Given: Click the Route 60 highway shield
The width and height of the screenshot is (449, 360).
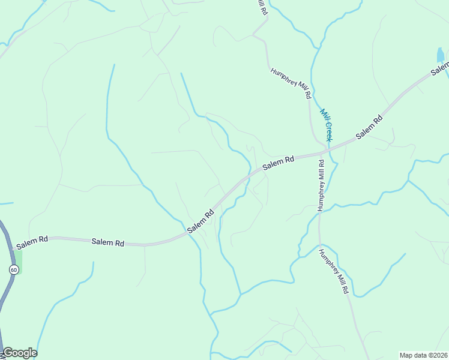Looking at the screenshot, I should point(13,270).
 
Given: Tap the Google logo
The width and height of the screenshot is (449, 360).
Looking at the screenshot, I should point(20,353).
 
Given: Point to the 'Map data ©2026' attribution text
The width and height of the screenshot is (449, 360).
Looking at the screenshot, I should point(424,355).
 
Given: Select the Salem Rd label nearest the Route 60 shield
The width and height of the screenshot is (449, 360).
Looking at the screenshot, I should point(32,242).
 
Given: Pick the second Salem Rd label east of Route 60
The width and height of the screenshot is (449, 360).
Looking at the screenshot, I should point(108,243).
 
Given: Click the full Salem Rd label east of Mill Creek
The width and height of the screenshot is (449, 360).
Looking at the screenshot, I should point(369,128).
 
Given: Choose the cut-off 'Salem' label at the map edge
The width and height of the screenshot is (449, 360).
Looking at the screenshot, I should point(440,70).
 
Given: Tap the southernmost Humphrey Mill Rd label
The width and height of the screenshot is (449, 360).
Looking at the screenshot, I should point(334,271).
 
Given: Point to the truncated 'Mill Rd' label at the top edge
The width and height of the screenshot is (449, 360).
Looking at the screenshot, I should point(262,7).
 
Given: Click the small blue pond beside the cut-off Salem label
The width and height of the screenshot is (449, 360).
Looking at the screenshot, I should point(441,56).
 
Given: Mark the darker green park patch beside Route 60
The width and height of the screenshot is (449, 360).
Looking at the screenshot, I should point(18,260).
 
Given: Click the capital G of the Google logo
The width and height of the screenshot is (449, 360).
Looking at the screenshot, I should point(8,353).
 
